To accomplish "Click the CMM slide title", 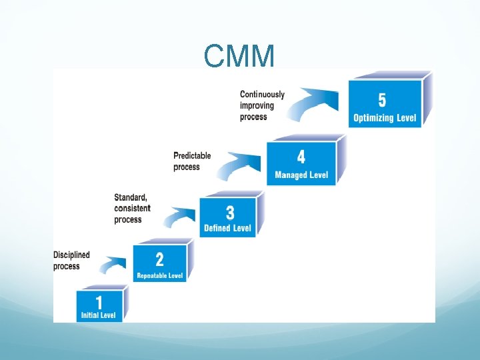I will point(239,57).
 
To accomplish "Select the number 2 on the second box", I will point(159,259).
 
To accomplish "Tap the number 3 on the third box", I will point(229,213).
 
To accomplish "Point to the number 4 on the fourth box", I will point(301,157).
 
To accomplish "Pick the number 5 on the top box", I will point(382,100).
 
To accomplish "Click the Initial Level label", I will point(99,315).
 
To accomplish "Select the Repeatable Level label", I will point(160,275).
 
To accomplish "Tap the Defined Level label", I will point(228,228).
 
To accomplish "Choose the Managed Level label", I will point(301,175).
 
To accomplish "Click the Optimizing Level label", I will point(385,119).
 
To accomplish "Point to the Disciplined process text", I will point(71,261).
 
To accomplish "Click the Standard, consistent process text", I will point(132,208).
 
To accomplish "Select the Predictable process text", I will point(192,161).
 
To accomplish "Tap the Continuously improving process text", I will point(262,105).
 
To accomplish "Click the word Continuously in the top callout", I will point(262,95).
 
